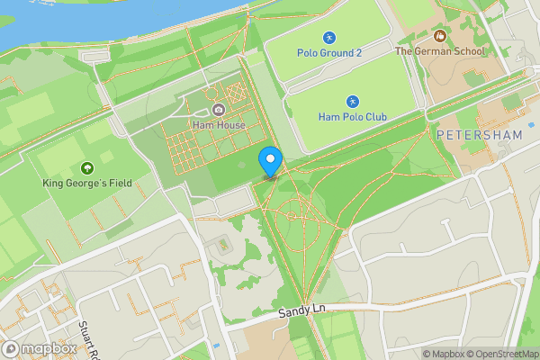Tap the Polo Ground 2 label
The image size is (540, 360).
tap(329, 52)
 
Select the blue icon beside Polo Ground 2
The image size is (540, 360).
tap(329, 37)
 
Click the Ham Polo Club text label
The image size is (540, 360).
tap(352, 117)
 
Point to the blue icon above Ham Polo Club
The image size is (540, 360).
tap(352, 102)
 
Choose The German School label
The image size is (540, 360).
tap(440, 51)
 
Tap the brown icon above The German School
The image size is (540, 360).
tap(440, 36)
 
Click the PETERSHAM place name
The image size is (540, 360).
tap(479, 135)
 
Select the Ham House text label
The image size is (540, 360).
tap(218, 124)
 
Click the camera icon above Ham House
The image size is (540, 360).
tap(218, 110)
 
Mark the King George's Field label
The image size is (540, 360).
tap(87, 183)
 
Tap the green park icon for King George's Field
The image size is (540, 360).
tap(87, 167)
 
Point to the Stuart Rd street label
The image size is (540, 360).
tap(88, 340)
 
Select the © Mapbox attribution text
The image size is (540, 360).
tap(446, 354)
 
